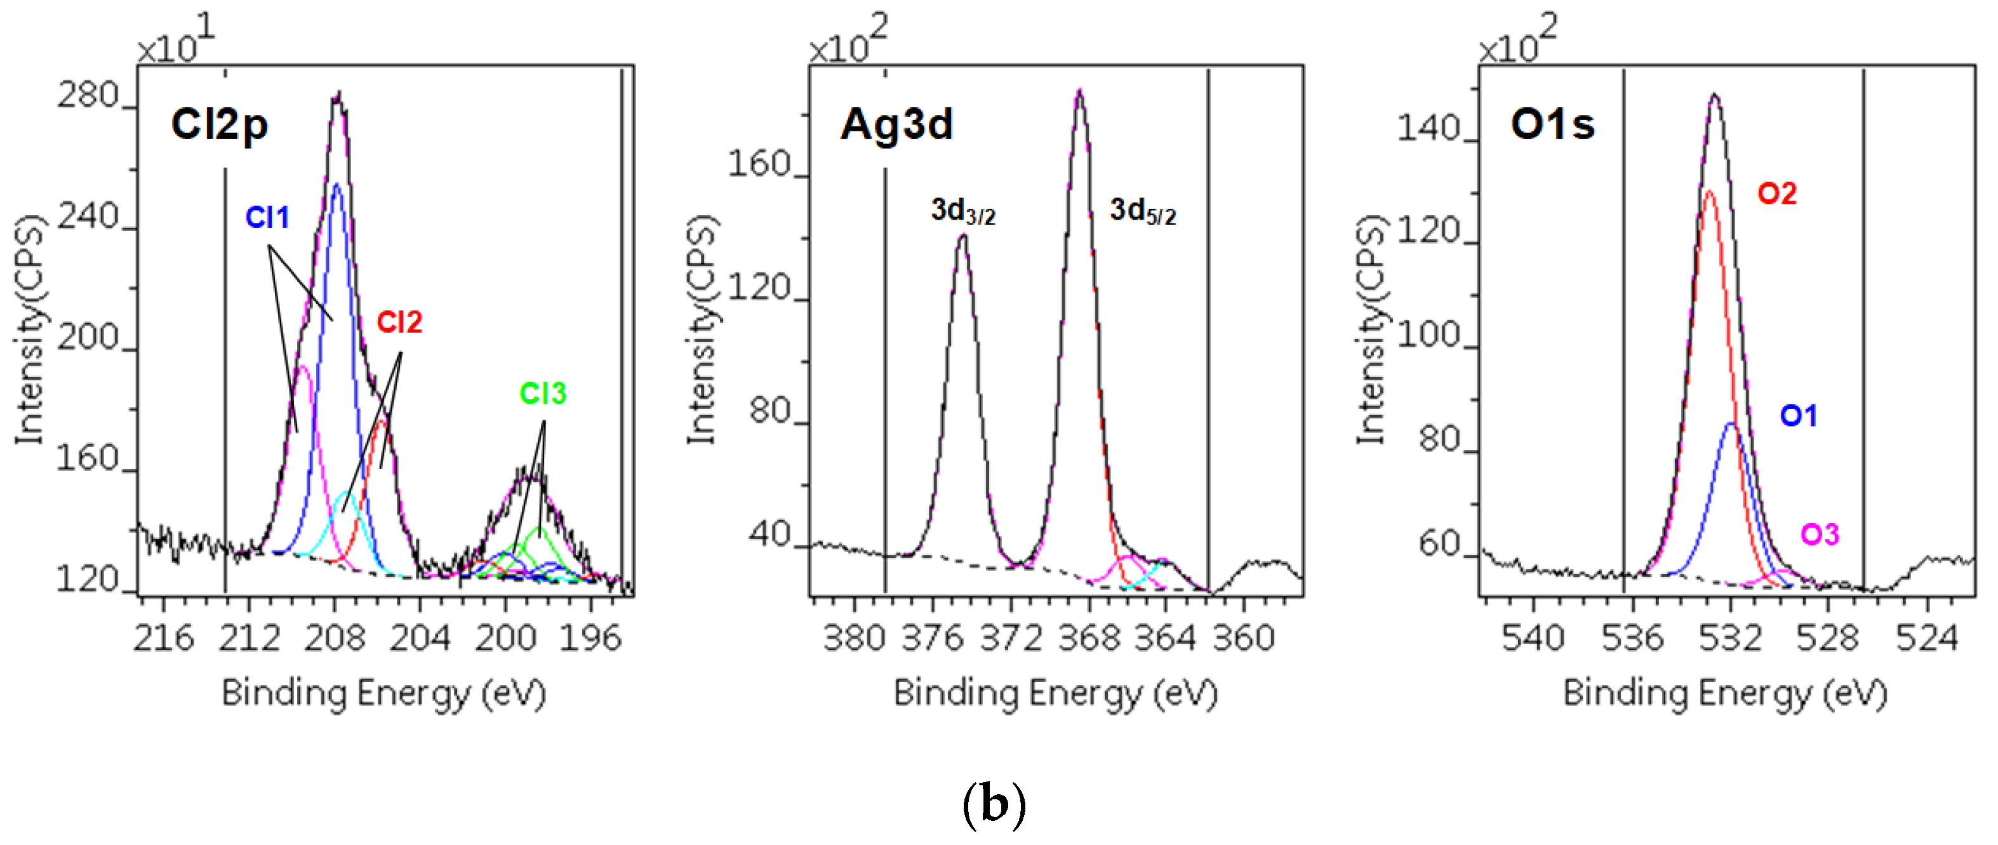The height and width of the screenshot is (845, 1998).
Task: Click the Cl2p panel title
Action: [220, 125]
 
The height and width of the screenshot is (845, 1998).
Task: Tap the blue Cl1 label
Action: [267, 218]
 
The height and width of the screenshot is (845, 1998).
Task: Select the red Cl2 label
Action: [399, 322]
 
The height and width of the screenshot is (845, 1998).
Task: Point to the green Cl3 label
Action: [542, 394]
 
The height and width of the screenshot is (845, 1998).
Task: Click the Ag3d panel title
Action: [896, 125]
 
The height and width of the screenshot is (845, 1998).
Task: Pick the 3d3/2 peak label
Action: [962, 211]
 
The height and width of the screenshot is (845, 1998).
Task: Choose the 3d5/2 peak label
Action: [1142, 211]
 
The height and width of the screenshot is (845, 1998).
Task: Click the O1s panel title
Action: [1552, 125]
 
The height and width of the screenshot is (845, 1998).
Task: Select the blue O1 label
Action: [1798, 416]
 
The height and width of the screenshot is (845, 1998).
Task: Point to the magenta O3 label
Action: [1819, 535]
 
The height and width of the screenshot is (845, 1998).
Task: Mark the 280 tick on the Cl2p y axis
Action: [88, 97]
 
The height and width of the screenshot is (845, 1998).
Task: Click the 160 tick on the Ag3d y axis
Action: [759, 164]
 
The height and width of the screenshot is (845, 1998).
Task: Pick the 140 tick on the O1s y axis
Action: [1429, 128]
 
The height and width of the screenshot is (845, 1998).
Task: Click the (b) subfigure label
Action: [994, 804]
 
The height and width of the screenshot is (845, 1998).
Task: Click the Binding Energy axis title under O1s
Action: [1724, 693]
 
